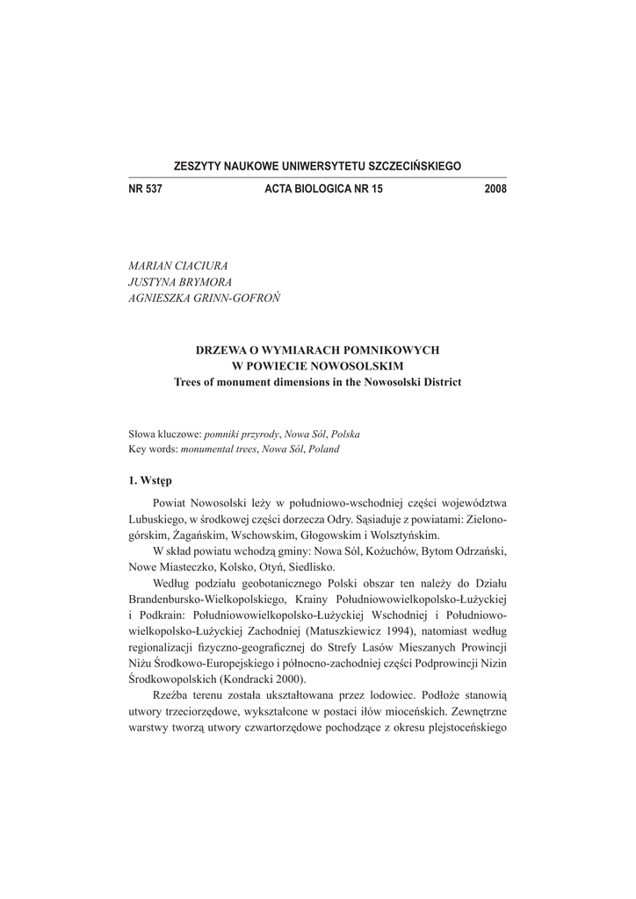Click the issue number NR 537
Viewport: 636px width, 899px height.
(146, 189)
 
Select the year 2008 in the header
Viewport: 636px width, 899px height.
(495, 189)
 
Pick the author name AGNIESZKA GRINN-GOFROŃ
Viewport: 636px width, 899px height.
(204, 298)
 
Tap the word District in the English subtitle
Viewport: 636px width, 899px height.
(439, 382)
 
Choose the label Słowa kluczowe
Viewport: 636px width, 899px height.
(165, 435)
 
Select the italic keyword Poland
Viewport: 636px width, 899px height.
(323, 449)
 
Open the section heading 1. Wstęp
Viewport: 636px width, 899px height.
(150, 480)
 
